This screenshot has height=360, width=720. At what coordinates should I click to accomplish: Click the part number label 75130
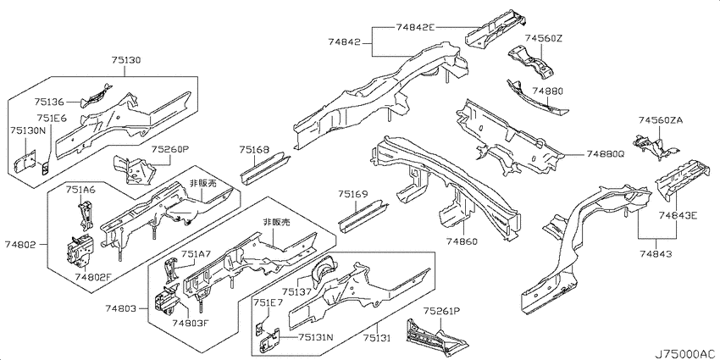pos(126,60)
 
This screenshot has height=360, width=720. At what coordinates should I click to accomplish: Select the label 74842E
pos(415,27)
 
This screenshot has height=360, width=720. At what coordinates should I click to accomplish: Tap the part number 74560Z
pos(544,38)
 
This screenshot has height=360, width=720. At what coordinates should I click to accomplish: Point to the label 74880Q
pos(605,155)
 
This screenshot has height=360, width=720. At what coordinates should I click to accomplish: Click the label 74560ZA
pos(661,120)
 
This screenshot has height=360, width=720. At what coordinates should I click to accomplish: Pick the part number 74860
pos(462,241)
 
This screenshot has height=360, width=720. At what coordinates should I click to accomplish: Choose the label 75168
pos(254,149)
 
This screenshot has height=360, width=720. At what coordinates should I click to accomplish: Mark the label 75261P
pos(441,312)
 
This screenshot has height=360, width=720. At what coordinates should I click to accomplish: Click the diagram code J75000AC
pos(686,353)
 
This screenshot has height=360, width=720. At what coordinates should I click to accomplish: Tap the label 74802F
pos(93,276)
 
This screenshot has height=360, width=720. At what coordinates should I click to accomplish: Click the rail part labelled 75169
pos(363,215)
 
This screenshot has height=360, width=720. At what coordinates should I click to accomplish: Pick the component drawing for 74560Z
pos(530,61)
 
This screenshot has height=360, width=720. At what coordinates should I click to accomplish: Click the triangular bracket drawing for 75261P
pos(435,334)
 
